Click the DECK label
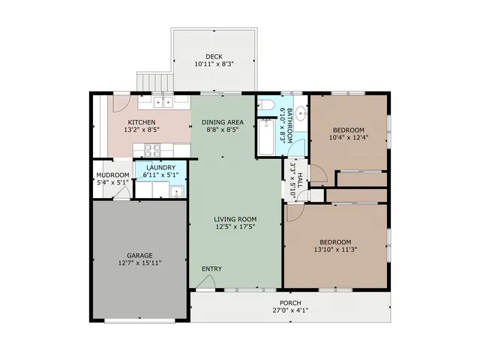click(x=214, y=57)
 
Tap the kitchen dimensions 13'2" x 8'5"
click(x=142, y=130)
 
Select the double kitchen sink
click(x=163, y=102)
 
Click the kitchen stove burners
click(x=152, y=151)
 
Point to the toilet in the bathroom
click(x=265, y=105)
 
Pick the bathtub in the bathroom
click(x=266, y=137)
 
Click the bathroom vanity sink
click(x=302, y=112)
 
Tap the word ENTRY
click(x=211, y=268)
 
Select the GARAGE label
click(x=139, y=255)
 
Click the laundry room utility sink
click(x=177, y=192)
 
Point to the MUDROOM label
click(x=112, y=175)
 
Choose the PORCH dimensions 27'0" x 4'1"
click(x=290, y=310)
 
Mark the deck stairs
click(x=155, y=82)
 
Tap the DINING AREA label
click(x=223, y=122)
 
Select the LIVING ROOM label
click(x=235, y=219)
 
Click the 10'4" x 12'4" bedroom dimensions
click(x=349, y=137)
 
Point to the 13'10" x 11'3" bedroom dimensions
click(x=335, y=250)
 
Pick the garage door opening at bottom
click(x=139, y=321)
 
